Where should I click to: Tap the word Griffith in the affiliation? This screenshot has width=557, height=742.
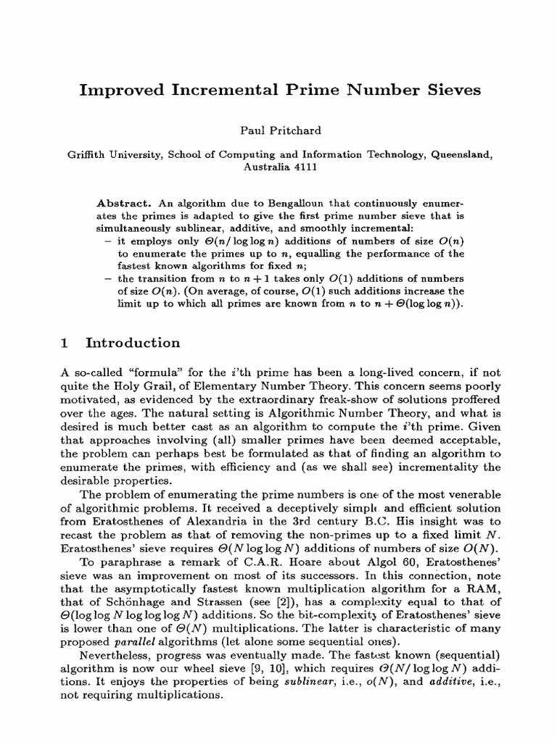pyautogui.click(x=88, y=154)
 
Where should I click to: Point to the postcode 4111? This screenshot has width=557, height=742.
pyautogui.click(x=302, y=166)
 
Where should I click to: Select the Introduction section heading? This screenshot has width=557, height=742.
pyautogui.click(x=133, y=343)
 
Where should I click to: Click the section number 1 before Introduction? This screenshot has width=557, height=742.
pyautogui.click(x=66, y=343)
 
